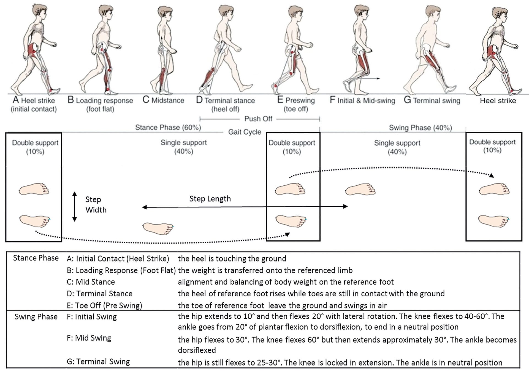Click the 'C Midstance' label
[x=163, y=100]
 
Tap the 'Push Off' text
[x=258, y=119]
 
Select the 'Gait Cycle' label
[x=245, y=132]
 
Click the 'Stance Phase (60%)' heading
[x=168, y=127]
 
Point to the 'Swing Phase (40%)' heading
[x=420, y=128]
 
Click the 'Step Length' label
[x=210, y=199]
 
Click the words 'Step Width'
[x=96, y=204]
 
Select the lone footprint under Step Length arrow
[x=158, y=228]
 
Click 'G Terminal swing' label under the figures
[x=432, y=100]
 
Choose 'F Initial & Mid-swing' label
[x=362, y=100]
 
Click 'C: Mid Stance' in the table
[x=91, y=282]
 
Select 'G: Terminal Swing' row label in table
[x=98, y=362]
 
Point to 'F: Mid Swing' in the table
[x=89, y=338]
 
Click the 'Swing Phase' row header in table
[x=36, y=317]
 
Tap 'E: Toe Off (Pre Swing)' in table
[x=104, y=305]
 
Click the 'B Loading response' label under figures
[x=100, y=100]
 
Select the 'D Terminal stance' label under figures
[x=225, y=100]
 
